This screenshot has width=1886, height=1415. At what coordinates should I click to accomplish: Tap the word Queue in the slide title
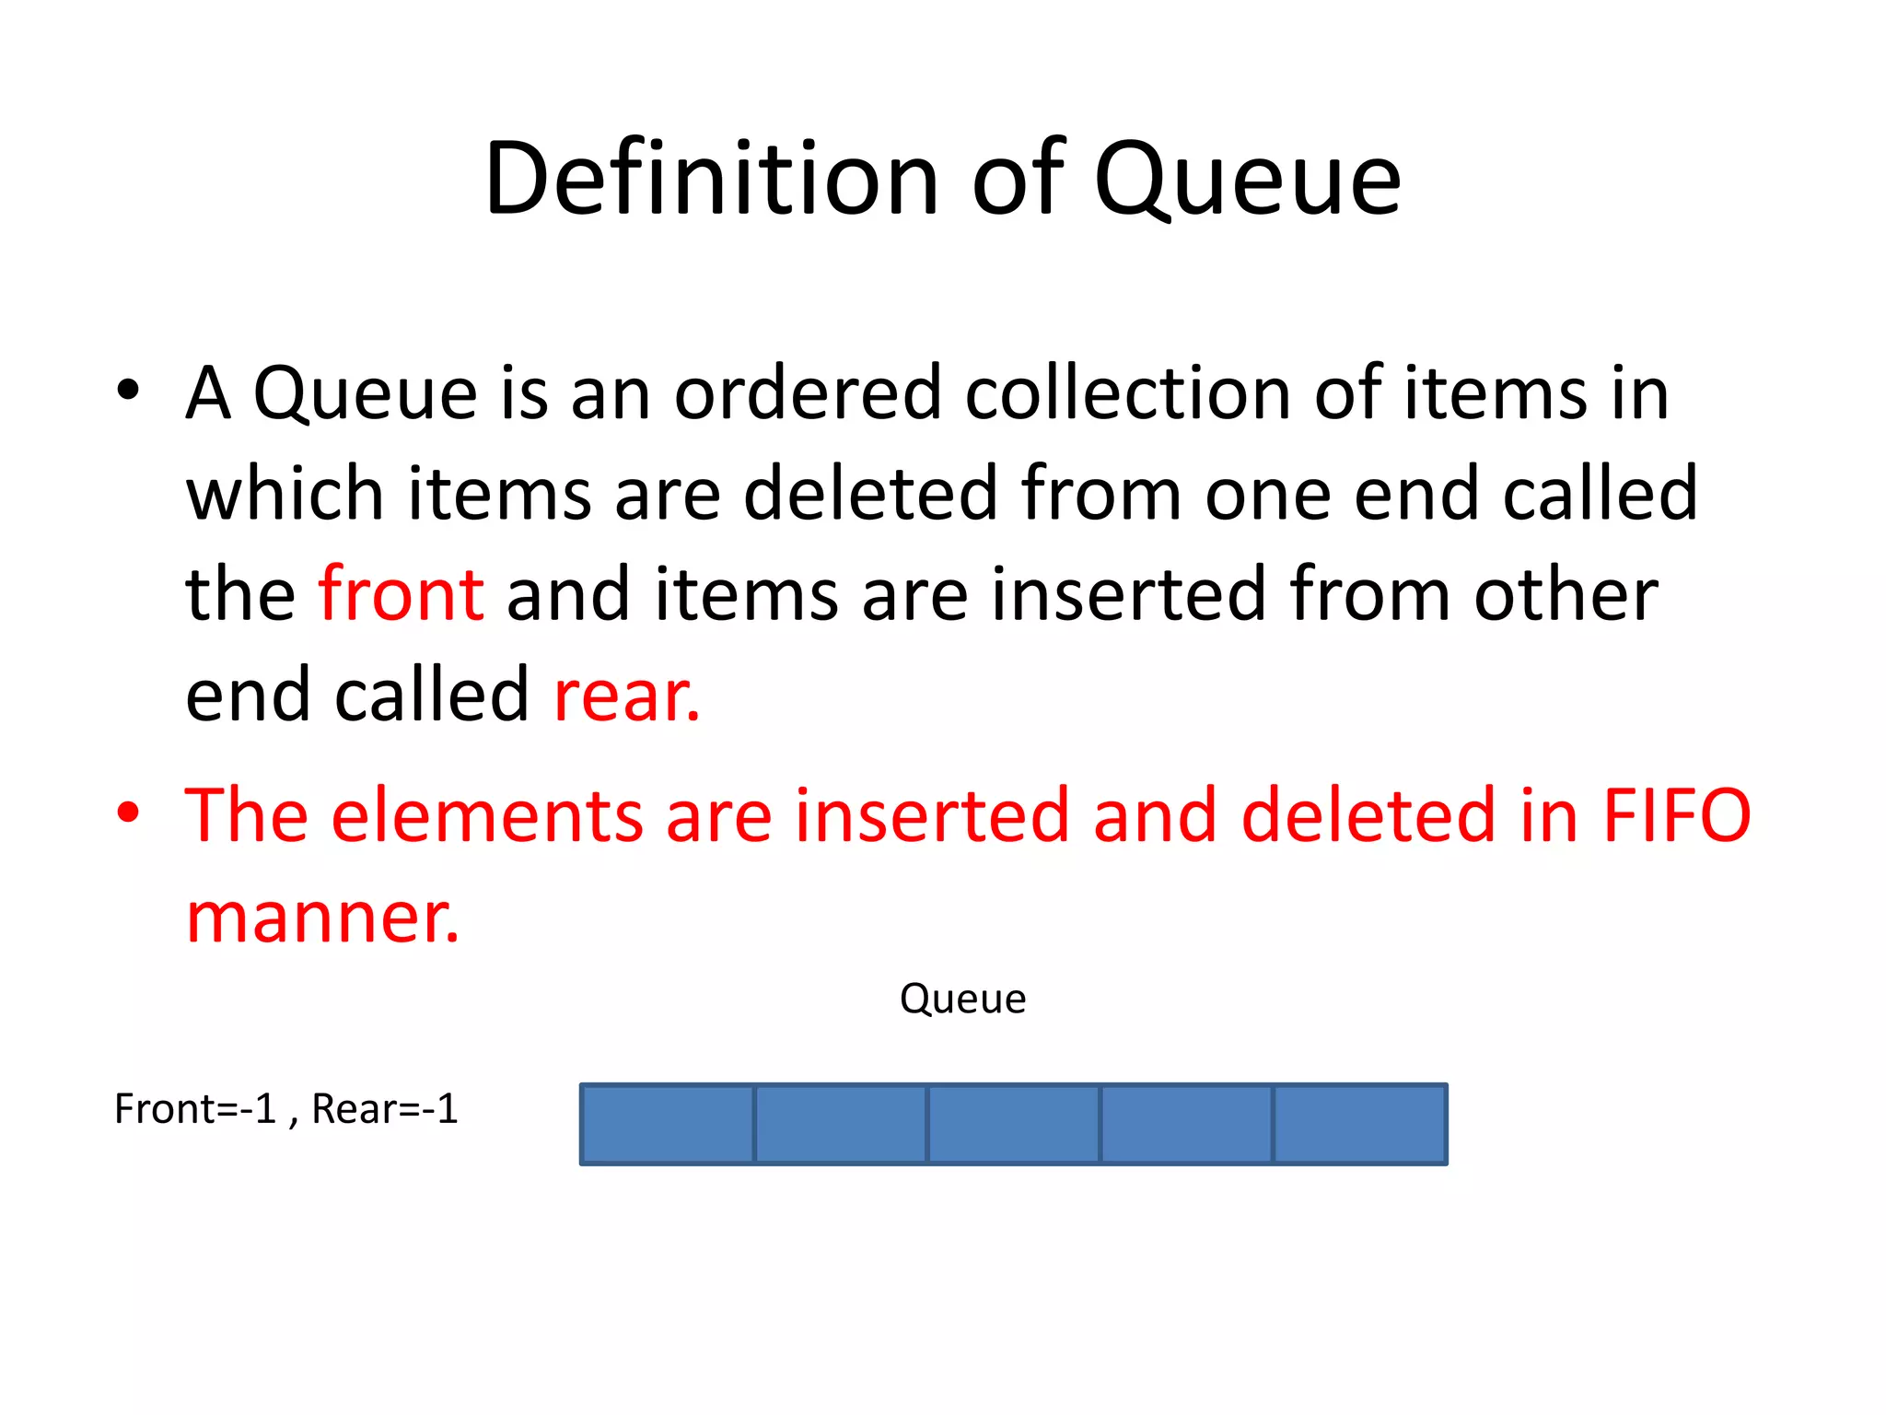1247,180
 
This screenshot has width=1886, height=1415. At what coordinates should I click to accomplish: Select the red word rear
626,696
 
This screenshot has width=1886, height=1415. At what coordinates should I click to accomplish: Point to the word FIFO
1676,816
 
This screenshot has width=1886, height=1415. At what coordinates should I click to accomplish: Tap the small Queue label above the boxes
962,1000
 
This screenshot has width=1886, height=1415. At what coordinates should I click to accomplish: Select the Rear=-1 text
385,1109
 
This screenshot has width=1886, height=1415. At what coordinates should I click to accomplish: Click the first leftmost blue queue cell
668,1124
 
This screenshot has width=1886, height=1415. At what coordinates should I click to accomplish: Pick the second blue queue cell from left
841,1124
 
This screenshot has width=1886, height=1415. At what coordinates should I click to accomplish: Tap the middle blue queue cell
1014,1124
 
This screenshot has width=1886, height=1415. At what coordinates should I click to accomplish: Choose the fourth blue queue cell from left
1186,1124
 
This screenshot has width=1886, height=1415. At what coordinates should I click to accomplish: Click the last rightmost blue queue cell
1359,1124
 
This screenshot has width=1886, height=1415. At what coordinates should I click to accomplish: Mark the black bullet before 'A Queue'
128,391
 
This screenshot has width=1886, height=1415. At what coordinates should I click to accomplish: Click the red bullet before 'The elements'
128,813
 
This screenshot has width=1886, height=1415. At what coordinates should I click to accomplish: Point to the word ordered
808,393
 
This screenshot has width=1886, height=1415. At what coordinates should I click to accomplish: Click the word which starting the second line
284,494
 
